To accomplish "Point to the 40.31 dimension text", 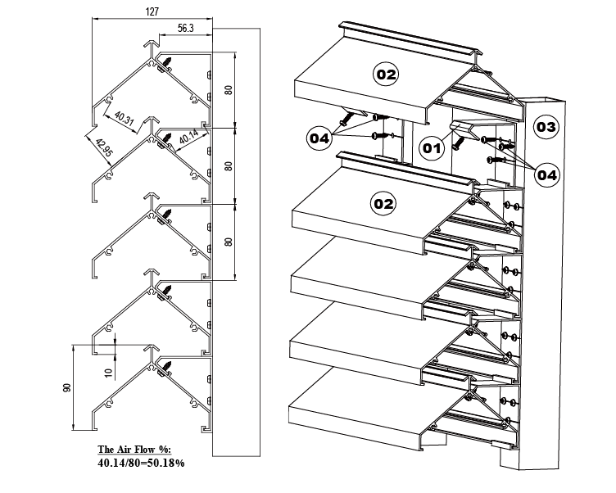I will click(125, 119).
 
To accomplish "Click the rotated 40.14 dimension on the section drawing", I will click(188, 138).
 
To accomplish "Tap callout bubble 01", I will click(431, 147).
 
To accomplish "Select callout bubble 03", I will click(546, 126).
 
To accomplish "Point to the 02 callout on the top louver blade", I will click(386, 75).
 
